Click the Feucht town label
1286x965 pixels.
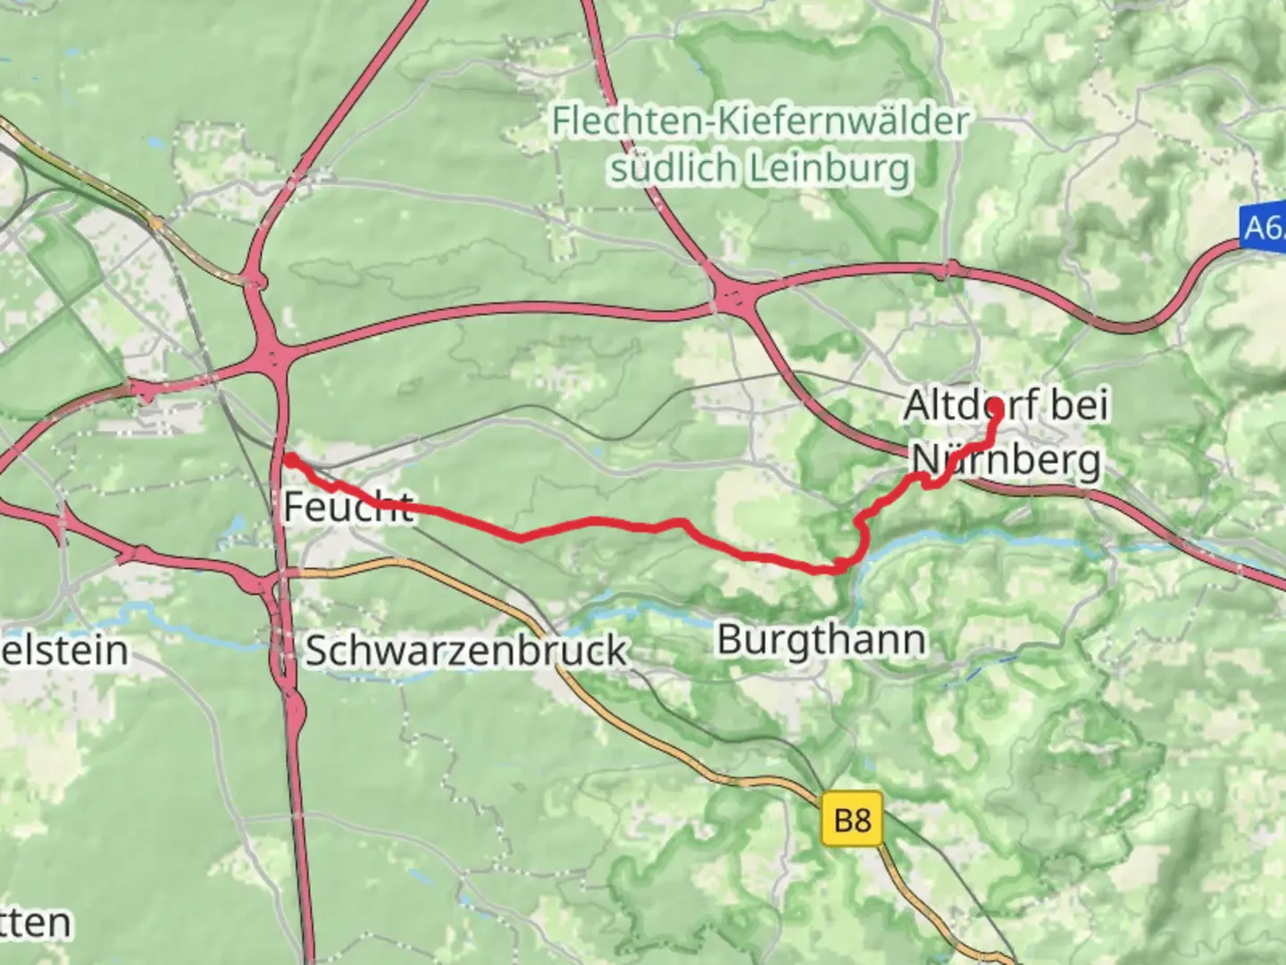click(347, 508)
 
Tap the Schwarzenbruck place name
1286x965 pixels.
click(465, 650)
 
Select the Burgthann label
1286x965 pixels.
click(821, 640)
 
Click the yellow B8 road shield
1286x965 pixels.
click(852, 818)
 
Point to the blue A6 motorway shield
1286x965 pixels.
click(1263, 228)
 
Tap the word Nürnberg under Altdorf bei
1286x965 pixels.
click(1006, 461)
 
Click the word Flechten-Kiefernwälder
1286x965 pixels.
click(759, 122)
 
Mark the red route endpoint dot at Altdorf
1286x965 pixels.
click(995, 407)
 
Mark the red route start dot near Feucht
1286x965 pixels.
click(290, 460)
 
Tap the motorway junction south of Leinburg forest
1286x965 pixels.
click(734, 296)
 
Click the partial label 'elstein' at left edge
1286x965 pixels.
click(64, 650)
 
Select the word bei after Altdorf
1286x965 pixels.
click(1079, 406)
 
